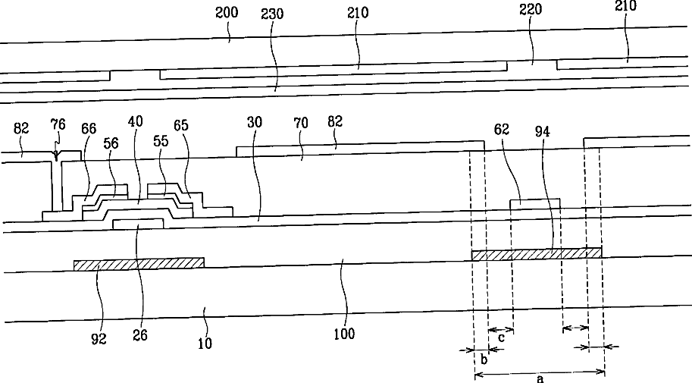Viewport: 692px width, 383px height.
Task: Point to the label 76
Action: [58, 123]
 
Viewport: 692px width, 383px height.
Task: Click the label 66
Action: [88, 130]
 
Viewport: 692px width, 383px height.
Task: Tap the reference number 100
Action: [347, 333]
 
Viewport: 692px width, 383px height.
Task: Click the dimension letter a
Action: [540, 378]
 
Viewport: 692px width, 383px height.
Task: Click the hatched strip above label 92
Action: [139, 262]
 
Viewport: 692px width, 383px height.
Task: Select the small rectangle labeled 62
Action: [535, 205]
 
